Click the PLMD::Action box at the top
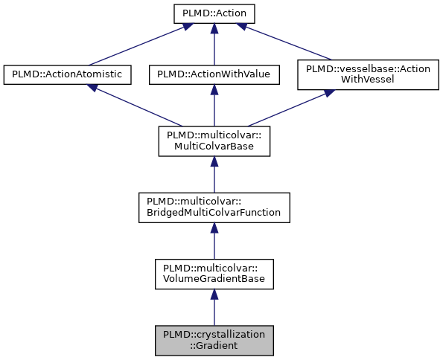coord(214,13)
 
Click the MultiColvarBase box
coord(214,141)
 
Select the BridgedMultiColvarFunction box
coord(214,208)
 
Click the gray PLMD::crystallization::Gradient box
coord(214,340)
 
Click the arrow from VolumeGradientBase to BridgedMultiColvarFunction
coord(214,241)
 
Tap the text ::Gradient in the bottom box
coord(214,346)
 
